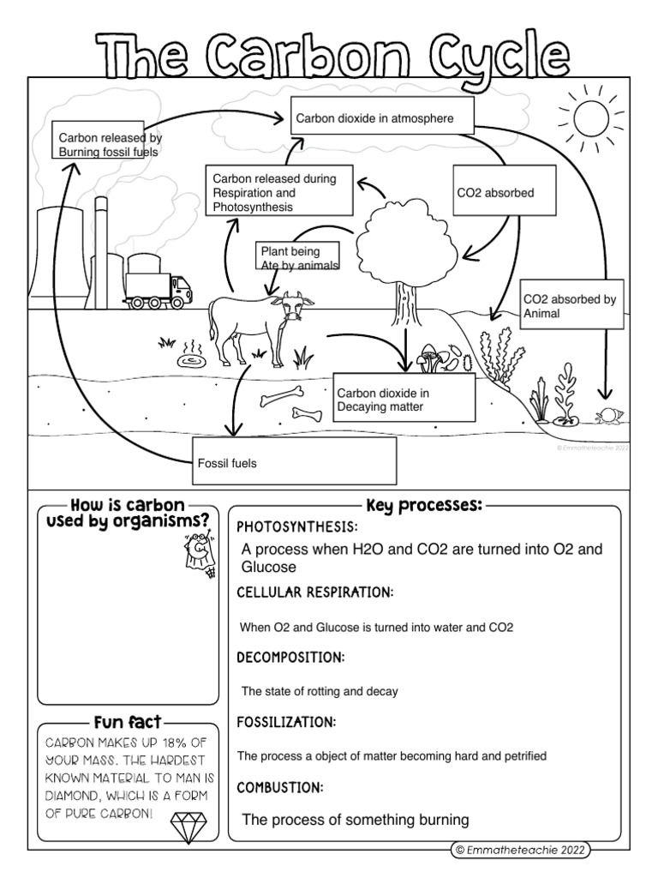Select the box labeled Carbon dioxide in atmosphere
pyautogui.click(x=382, y=119)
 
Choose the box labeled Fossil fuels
pyautogui.click(x=296, y=462)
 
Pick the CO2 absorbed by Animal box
pyautogui.click(x=572, y=306)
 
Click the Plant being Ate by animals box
pyautogui.click(x=298, y=258)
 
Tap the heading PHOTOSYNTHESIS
pyautogui.click(x=296, y=526)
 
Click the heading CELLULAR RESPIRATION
pyautogui.click(x=314, y=592)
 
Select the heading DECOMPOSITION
pyautogui.click(x=290, y=658)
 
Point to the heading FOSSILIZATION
pyautogui.click(x=286, y=722)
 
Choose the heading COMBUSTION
pyautogui.click(x=279, y=786)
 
